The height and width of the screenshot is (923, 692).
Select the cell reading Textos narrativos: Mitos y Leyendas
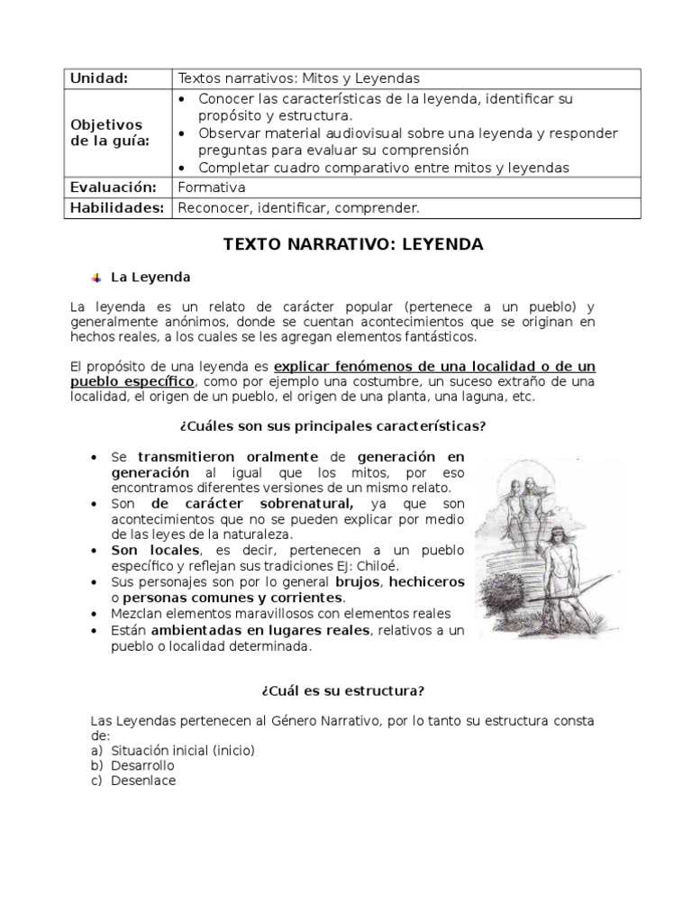[x=299, y=78]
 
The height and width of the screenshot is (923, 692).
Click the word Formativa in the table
[x=212, y=187]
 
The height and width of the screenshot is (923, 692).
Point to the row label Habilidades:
[x=117, y=208]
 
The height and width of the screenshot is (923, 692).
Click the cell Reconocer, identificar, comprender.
[x=299, y=208]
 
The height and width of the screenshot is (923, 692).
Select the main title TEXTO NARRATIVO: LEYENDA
[x=353, y=244]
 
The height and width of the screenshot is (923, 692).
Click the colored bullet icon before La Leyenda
[x=96, y=277]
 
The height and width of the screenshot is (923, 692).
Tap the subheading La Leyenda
[x=150, y=277]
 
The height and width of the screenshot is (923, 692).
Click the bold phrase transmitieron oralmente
[x=228, y=456]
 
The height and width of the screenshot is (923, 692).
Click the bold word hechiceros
[x=430, y=581]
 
